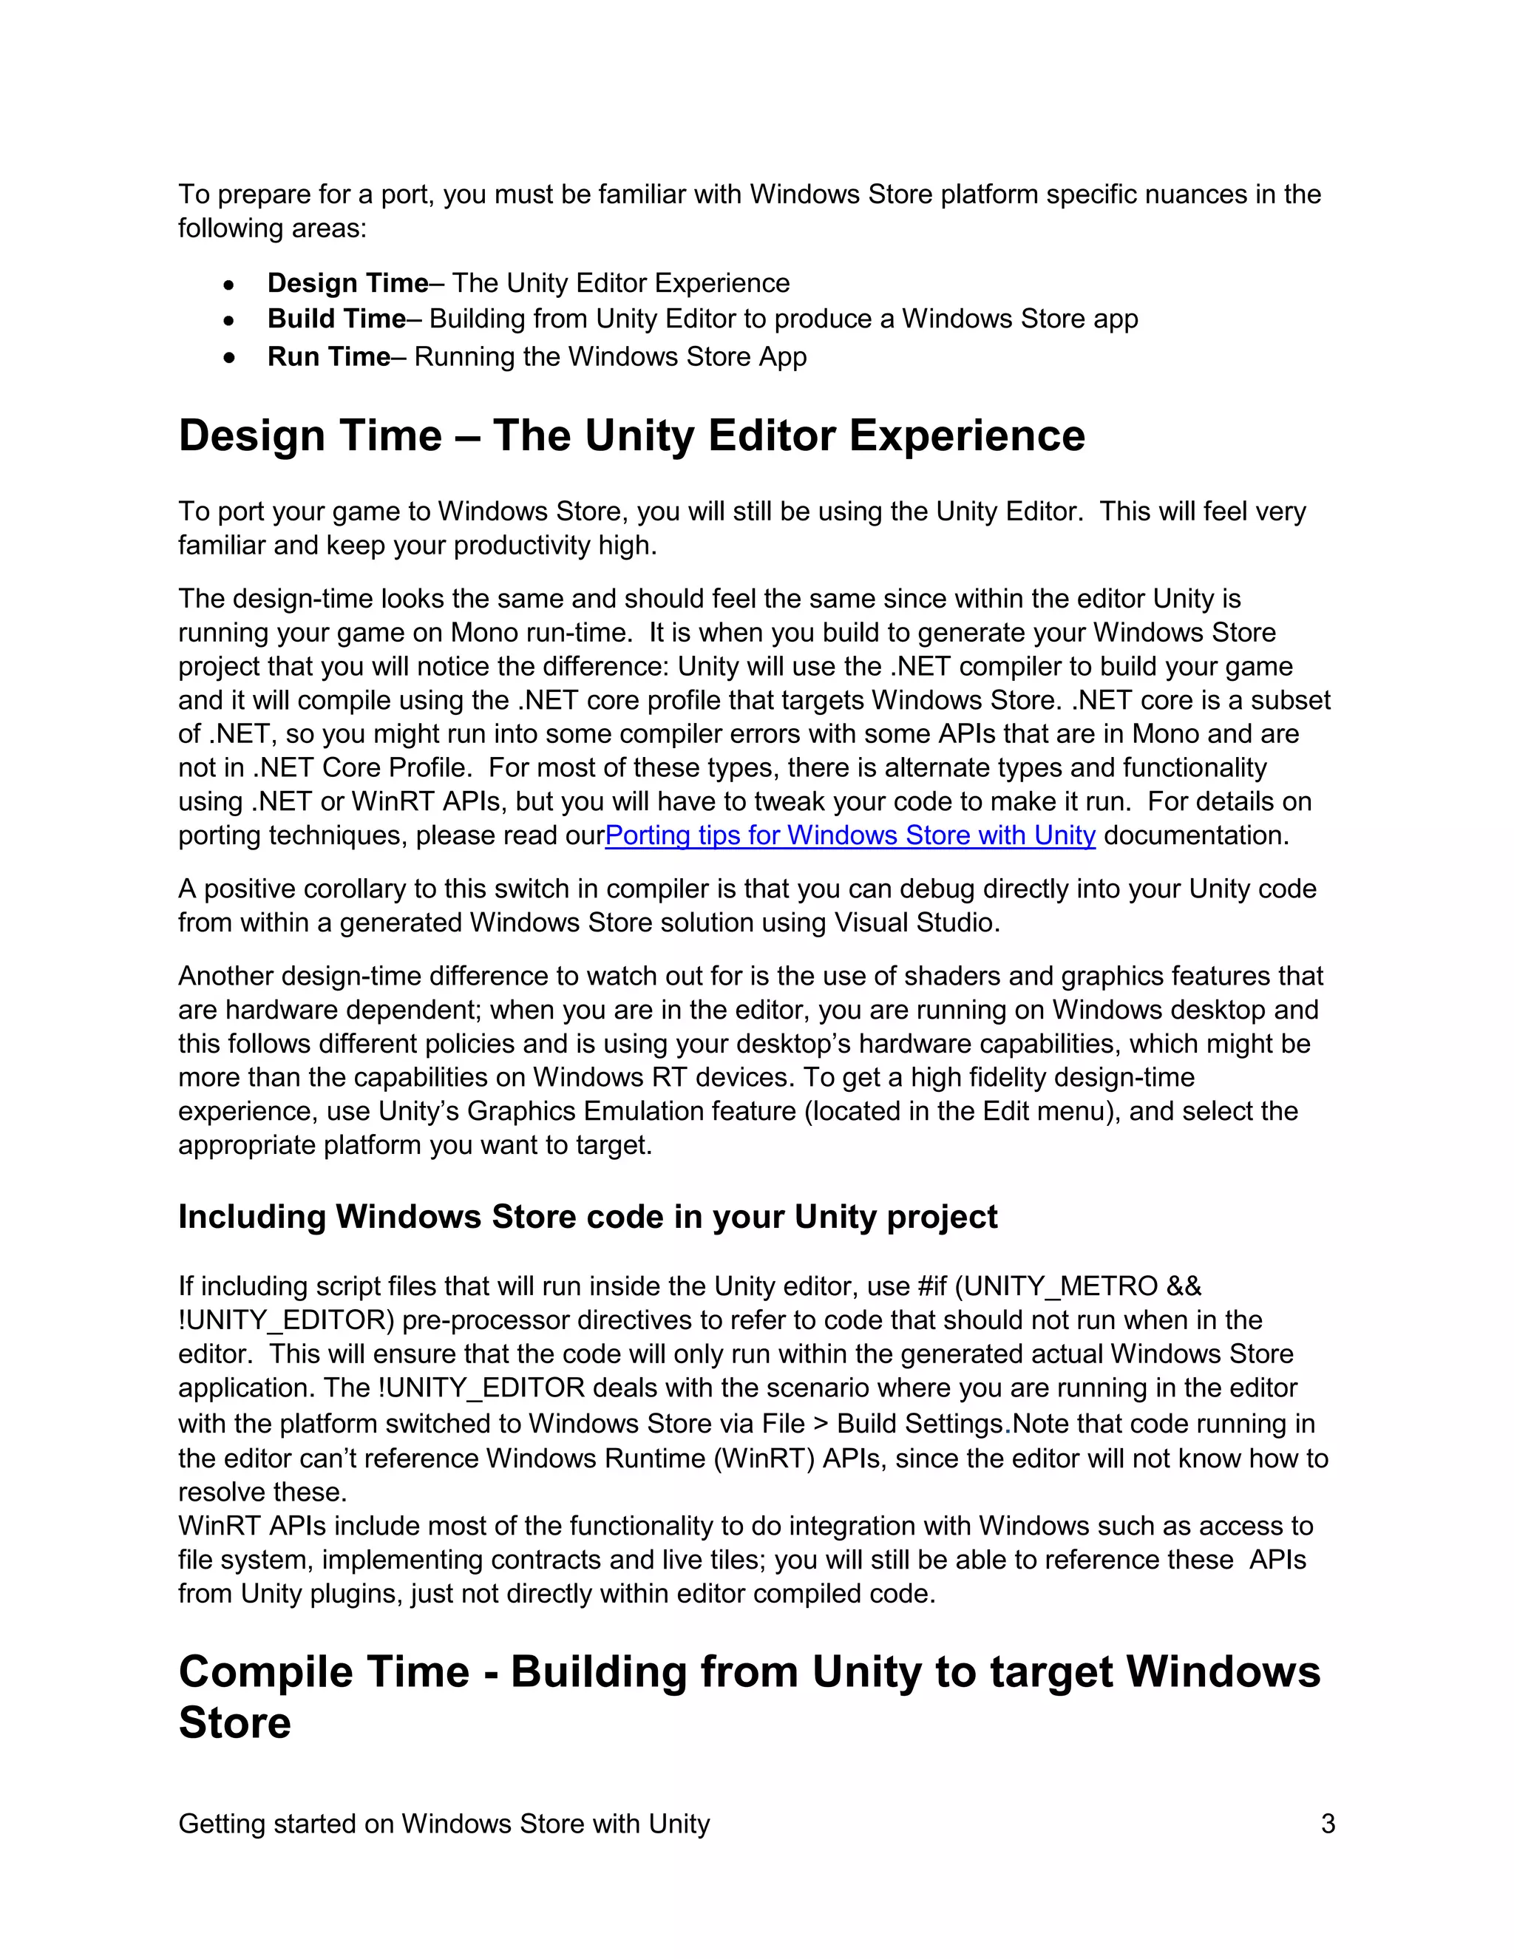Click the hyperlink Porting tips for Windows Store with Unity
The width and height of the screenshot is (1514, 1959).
click(x=849, y=835)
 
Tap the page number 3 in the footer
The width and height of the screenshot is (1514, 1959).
click(x=1328, y=1824)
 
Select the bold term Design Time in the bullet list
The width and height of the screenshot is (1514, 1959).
click(x=347, y=282)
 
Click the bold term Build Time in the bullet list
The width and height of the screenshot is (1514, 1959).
click(x=336, y=319)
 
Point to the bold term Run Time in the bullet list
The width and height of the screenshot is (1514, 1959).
click(x=328, y=356)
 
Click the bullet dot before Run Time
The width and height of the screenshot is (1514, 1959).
click(x=230, y=358)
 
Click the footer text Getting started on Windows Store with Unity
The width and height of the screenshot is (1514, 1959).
click(x=444, y=1824)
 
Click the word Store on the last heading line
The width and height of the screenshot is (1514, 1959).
click(x=234, y=1723)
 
